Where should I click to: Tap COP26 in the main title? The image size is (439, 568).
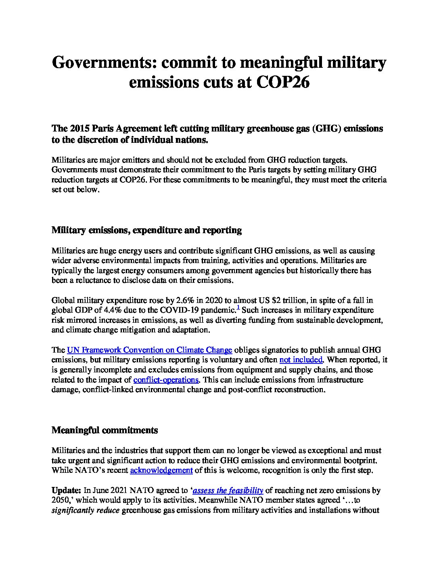coord(283,82)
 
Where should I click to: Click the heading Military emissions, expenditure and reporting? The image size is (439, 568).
coord(146,230)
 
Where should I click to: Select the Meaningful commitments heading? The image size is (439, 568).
coord(105,430)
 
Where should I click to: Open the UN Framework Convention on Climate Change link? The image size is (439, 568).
coord(149,350)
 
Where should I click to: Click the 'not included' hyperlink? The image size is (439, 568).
coord(301,359)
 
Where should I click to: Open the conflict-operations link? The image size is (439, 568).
coord(166,380)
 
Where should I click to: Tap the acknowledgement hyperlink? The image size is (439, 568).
coord(161,470)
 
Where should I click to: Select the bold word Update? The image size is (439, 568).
coord(66,491)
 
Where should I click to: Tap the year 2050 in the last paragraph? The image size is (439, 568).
coord(60,500)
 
